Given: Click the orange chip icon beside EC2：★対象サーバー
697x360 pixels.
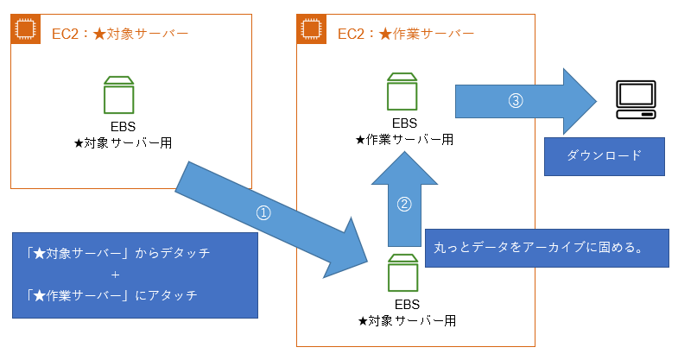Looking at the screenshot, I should tap(25, 28).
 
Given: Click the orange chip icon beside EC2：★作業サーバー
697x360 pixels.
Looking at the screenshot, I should tap(311, 28).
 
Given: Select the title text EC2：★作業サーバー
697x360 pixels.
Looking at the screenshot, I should tap(405, 34).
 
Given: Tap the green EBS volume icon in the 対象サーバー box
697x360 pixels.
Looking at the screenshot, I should tap(118, 94).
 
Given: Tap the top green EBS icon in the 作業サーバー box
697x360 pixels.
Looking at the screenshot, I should tap(403, 89).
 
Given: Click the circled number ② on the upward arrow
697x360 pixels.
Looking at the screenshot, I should tap(403, 205).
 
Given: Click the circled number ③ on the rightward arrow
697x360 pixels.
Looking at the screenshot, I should tap(516, 100).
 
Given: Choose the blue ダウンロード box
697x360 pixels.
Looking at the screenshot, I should tap(605, 156).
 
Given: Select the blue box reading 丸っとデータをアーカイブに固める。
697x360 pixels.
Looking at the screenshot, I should tap(548, 248).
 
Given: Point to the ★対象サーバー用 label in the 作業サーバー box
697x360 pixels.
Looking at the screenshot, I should tap(406, 320).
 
